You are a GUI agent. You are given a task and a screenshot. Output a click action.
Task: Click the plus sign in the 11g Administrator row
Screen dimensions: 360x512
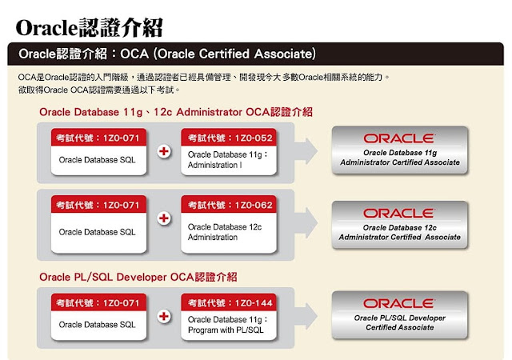point(164,152)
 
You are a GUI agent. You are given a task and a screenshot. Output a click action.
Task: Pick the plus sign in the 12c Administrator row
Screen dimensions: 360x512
point(164,218)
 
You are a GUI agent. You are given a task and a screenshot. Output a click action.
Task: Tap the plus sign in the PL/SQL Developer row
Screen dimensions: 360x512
point(164,316)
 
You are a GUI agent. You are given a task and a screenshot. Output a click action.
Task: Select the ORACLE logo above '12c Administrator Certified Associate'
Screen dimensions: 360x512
point(398,213)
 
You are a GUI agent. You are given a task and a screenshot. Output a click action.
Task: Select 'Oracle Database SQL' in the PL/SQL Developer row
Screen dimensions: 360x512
point(98,325)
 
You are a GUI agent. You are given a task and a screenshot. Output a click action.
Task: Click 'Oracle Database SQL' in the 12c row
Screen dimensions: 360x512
point(98,232)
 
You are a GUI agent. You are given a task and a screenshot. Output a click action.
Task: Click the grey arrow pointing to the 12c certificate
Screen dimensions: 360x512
point(308,218)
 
